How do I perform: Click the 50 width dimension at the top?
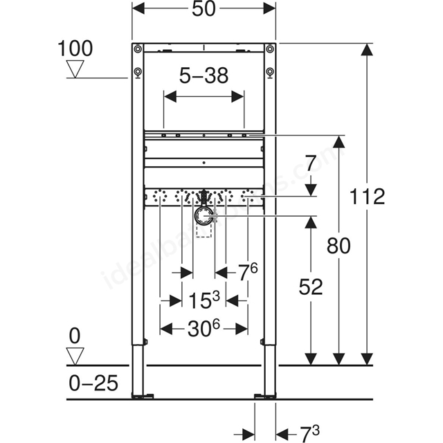point(204,9)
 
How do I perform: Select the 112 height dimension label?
point(368,197)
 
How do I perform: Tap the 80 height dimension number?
point(338,246)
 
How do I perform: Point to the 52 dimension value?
point(311,287)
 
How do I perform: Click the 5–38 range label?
point(204,75)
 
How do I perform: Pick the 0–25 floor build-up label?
point(93,383)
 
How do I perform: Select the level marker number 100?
point(75,48)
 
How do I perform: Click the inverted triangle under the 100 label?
point(75,69)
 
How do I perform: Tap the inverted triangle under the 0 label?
point(75,356)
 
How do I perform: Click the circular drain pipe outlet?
point(203,217)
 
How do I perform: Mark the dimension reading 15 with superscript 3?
point(204,300)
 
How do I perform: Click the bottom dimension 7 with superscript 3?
point(309,434)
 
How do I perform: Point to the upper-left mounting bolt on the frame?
point(138,49)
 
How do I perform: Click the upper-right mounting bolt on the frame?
point(270,49)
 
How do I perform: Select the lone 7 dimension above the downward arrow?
point(311,163)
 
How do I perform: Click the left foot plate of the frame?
point(143,397)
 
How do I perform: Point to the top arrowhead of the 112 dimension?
point(367,49)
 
